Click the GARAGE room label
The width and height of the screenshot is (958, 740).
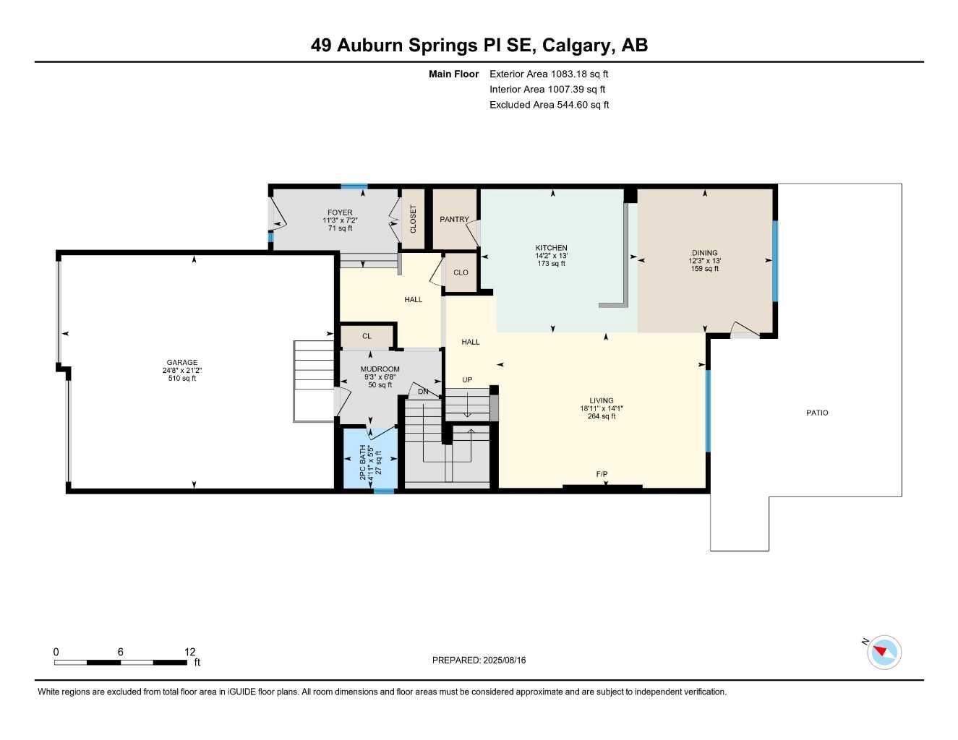tap(181, 363)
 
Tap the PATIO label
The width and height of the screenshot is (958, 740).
tap(817, 413)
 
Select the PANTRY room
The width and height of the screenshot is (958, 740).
tap(454, 219)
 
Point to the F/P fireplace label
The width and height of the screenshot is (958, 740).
tap(602, 474)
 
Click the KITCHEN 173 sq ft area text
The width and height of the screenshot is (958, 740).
tap(551, 264)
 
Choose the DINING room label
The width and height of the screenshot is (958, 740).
tap(704, 253)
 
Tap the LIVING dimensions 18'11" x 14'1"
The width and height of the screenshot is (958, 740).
tap(601, 408)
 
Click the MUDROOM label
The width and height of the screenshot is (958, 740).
tap(380, 369)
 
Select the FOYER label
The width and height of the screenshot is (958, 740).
tap(340, 213)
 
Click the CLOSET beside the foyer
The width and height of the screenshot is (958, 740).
tap(413, 218)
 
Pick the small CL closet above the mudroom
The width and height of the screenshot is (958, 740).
tap(367, 336)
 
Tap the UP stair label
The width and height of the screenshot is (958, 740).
tap(467, 380)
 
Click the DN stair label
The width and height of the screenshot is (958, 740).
tap(423, 392)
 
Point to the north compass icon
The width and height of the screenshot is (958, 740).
tap(884, 653)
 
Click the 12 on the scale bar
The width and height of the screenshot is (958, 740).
tap(189, 652)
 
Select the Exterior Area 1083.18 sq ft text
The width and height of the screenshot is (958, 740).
tap(549, 74)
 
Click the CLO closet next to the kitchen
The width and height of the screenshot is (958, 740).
tap(461, 272)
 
